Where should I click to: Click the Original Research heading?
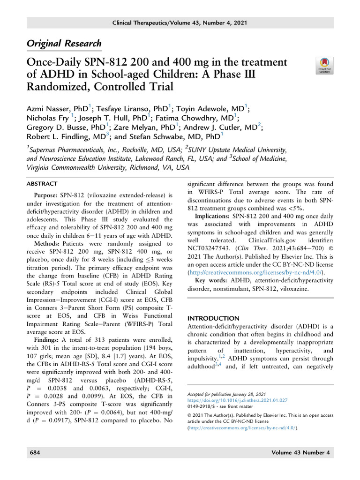tap(64, 44)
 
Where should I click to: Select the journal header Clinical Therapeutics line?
tap(180, 23)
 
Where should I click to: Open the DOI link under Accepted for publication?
tap(237, 401)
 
